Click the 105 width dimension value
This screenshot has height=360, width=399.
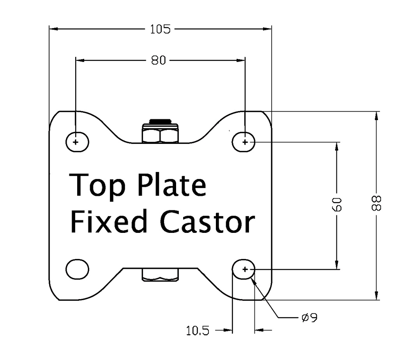pos(160,29)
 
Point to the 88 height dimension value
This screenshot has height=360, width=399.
pos(376,203)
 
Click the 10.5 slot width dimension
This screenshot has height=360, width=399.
pos(198,331)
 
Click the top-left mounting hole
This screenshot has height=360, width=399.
pos(76,142)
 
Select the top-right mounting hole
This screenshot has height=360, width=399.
pos(244,142)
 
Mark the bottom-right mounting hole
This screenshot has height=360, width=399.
pos(244,269)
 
